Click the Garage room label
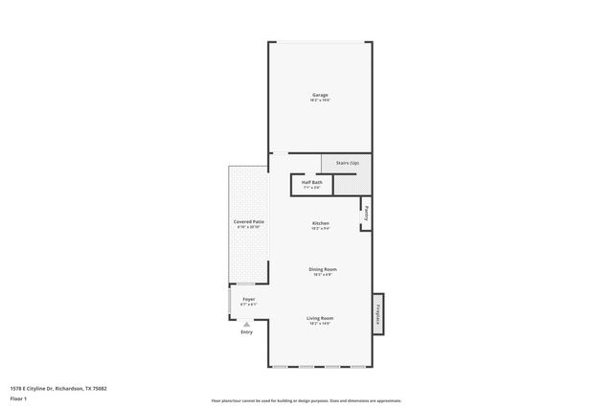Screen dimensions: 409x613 coord(320,95)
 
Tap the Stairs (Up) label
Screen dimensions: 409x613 coord(347,163)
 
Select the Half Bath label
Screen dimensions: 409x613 coord(311,182)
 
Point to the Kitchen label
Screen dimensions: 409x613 coord(320,223)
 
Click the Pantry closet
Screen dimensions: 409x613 coord(366,215)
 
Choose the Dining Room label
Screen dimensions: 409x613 coord(322,269)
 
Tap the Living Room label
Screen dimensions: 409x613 coord(320,317)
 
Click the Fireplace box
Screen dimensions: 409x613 coord(378,313)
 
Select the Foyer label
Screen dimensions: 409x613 coord(248,300)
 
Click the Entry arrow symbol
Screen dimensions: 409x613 coord(246,325)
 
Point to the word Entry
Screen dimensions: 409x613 coord(246,332)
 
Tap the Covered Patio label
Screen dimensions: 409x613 coord(249,221)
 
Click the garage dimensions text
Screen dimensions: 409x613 coord(320,101)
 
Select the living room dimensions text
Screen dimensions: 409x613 coord(320,323)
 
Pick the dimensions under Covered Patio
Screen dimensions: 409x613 coord(249,227)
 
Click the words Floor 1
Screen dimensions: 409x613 coord(18,397)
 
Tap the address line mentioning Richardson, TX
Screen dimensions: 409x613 coord(58,388)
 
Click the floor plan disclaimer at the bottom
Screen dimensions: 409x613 coord(306,400)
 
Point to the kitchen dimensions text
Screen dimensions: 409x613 coord(320,229)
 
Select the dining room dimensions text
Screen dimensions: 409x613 coord(322,275)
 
